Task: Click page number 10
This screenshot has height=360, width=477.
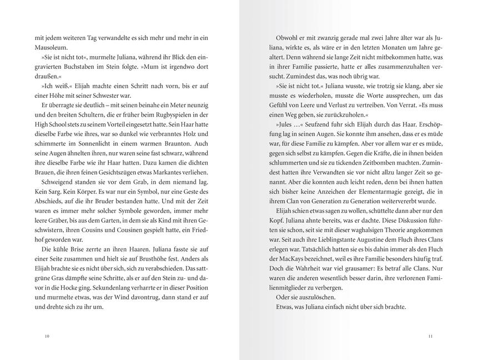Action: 47,336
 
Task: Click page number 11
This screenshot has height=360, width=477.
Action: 430,336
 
